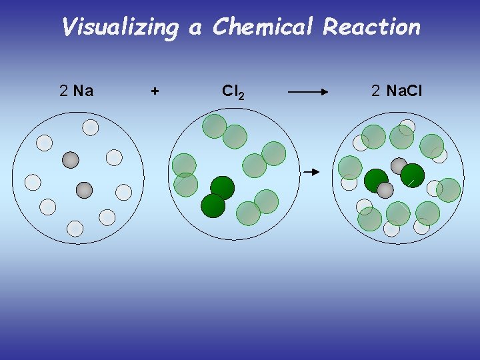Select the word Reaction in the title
click(371, 27)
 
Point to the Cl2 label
click(233, 91)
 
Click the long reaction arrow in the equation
click(313, 92)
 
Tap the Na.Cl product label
click(404, 90)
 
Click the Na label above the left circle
click(83, 90)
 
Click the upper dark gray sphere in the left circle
click(70, 160)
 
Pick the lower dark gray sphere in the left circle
click(84, 190)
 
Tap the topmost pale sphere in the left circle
click(90, 127)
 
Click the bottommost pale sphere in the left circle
click(75, 229)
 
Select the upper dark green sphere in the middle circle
click(222, 187)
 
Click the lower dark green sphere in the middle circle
click(213, 205)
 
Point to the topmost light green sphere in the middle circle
click(215, 125)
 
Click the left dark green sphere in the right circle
click(376, 180)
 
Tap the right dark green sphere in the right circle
click(413, 175)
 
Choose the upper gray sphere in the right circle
click(399, 165)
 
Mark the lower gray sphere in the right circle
click(385, 191)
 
